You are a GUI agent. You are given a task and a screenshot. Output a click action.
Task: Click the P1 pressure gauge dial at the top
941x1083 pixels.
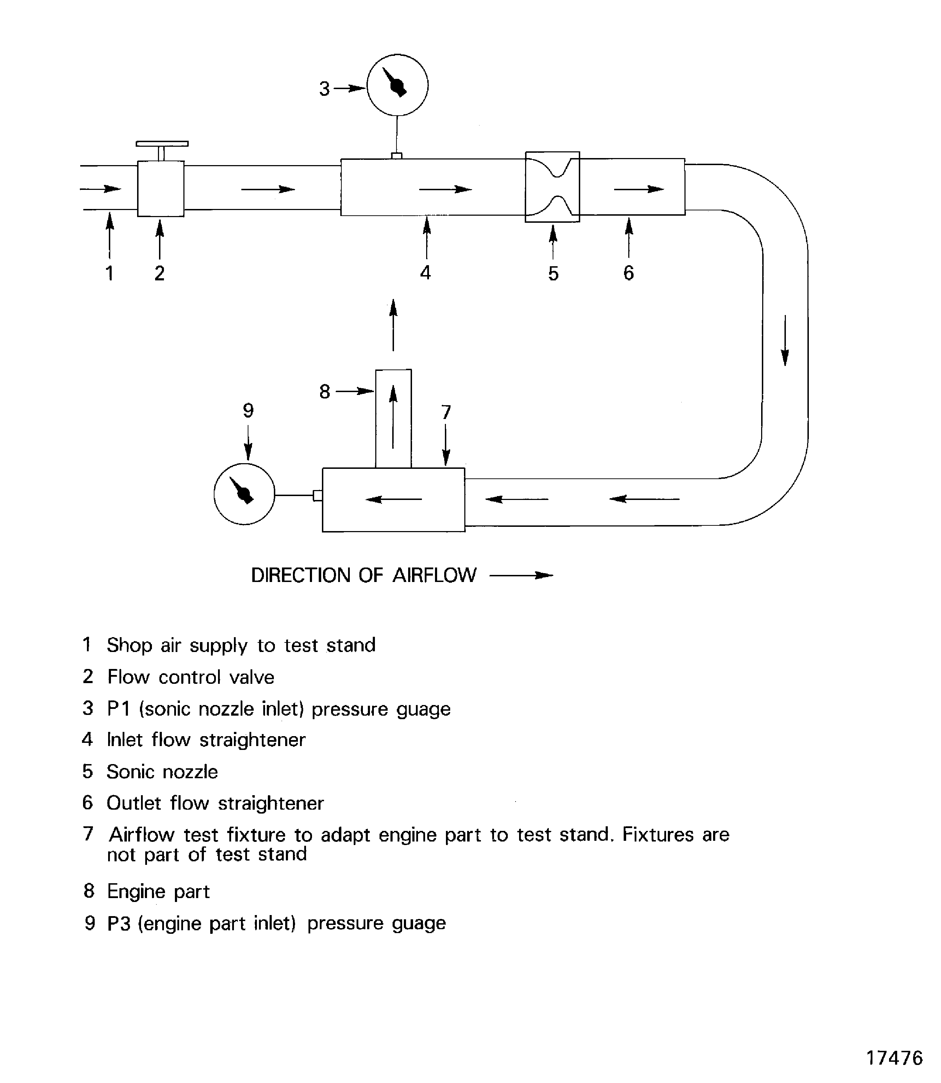[397, 85]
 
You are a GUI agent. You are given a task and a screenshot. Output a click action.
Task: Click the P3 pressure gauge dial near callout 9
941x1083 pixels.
[244, 494]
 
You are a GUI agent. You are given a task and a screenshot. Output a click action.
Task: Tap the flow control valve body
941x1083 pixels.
[161, 189]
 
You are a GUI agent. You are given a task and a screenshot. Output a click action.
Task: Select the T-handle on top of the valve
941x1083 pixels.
[162, 144]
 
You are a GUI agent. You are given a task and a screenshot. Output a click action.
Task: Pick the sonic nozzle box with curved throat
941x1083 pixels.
[552, 187]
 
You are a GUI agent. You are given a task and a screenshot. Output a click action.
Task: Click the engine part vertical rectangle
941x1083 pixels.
[393, 418]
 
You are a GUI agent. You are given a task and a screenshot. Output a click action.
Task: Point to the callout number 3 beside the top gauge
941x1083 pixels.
[324, 89]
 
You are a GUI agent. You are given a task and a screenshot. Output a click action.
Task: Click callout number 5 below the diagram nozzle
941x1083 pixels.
[553, 274]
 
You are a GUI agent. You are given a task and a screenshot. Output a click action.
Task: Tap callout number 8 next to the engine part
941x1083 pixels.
[324, 391]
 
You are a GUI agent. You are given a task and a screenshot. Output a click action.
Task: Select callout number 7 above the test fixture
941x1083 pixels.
[446, 412]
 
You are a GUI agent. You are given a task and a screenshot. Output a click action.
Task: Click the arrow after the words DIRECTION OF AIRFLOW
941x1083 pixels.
[522, 575]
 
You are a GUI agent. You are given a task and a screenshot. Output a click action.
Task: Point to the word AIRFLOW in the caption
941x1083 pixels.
[434, 575]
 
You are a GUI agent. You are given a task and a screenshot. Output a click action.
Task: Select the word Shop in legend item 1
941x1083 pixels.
[129, 645]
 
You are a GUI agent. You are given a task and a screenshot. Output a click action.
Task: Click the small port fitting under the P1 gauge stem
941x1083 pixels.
[397, 156]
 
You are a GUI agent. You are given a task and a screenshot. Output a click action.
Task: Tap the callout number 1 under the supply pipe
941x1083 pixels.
[109, 273]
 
